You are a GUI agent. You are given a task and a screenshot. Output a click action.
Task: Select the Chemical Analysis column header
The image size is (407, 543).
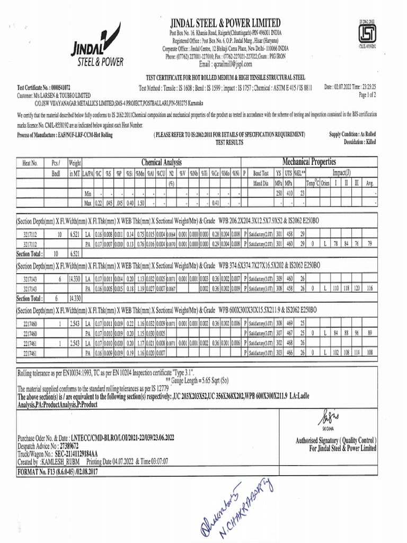161,162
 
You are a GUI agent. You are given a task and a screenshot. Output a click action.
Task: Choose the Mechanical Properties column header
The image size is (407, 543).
309,161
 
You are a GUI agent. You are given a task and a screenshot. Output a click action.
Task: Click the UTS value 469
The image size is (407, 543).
288,323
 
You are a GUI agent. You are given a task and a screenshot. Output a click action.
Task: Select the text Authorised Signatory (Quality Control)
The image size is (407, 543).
335,441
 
